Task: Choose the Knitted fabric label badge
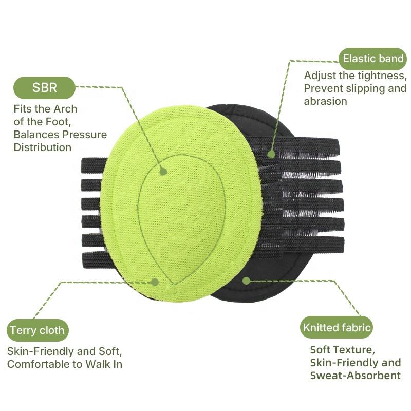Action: pos(337,327)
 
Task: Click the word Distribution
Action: pos(42,147)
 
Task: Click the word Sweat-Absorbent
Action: pos(355,376)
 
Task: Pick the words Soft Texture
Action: pos(342,350)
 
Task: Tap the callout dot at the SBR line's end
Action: pos(163,171)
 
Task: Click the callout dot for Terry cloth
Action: pos(155,282)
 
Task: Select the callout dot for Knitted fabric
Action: pos(246,281)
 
